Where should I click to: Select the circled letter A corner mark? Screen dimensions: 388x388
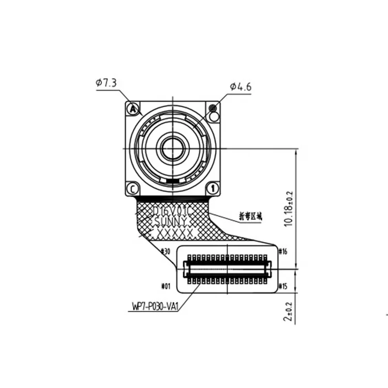pyautogui.click(x=133, y=109)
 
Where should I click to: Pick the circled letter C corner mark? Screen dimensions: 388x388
pyautogui.click(x=133, y=188)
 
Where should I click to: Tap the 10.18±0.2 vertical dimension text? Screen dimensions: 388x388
pyautogui.click(x=289, y=208)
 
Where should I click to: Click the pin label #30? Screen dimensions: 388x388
pyautogui.click(x=166, y=252)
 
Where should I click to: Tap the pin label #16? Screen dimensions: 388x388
pyautogui.click(x=282, y=252)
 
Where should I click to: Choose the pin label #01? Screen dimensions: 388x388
pyautogui.click(x=166, y=286)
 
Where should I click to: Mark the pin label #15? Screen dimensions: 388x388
pyautogui.click(x=282, y=286)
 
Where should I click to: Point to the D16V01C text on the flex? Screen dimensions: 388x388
pyautogui.click(x=173, y=211)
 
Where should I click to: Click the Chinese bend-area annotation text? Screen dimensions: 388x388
pyautogui.click(x=250, y=216)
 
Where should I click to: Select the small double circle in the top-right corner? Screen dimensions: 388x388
pyautogui.click(x=213, y=108)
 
